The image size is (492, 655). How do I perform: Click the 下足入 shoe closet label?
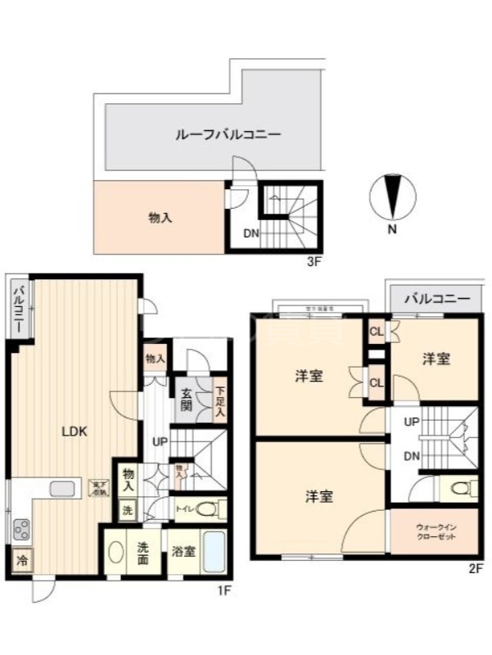point(219,399)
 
